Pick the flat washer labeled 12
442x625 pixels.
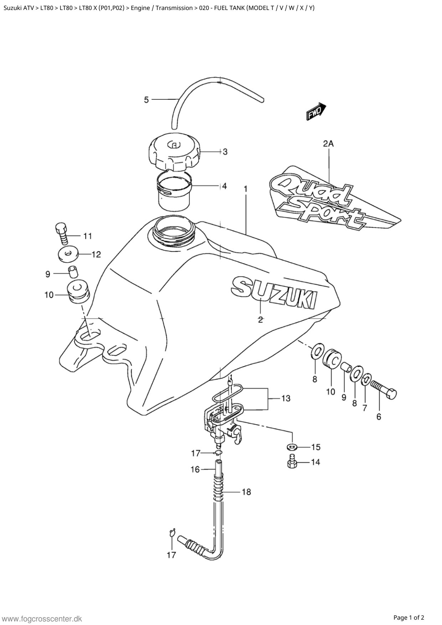68,254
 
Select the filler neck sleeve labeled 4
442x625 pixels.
175,191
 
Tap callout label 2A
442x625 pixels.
328,144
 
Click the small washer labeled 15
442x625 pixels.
292,447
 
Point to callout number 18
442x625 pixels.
246,492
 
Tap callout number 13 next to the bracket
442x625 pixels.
286,398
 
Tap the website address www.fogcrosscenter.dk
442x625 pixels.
42,619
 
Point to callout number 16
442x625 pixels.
195,469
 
